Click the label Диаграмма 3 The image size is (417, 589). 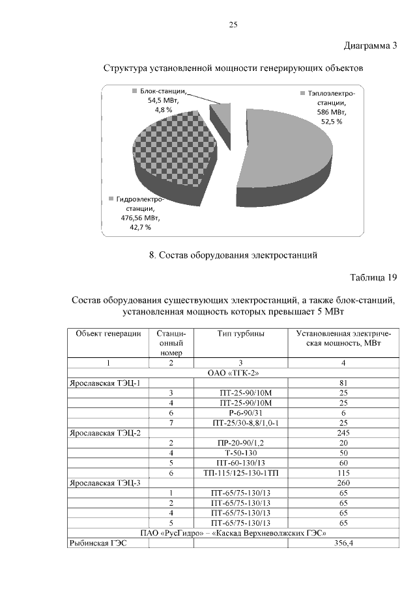370,46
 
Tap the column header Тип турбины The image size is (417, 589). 240,334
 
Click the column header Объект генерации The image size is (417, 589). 108,334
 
